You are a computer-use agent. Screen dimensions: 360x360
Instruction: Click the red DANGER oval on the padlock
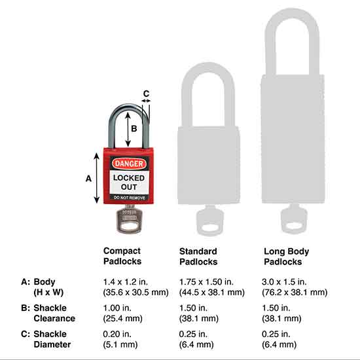click(129, 164)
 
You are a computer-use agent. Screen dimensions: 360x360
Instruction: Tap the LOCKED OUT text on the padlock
click(129, 183)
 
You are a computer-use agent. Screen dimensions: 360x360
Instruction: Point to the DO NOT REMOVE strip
click(129, 198)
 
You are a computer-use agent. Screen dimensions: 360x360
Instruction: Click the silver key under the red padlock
click(129, 219)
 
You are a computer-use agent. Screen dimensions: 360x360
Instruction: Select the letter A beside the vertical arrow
click(88, 179)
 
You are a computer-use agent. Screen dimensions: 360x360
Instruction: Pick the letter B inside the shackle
click(134, 128)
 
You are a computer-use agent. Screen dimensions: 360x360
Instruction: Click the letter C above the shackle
click(146, 94)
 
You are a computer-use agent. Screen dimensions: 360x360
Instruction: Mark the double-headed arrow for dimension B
click(128, 129)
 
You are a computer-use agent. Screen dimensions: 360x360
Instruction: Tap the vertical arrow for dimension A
click(97, 178)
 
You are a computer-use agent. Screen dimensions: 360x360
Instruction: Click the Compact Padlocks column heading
click(122, 256)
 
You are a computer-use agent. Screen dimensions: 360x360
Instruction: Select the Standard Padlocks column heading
click(198, 257)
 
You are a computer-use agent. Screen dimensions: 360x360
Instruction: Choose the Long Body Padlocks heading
click(286, 257)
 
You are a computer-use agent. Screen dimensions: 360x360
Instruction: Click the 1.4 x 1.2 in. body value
click(126, 281)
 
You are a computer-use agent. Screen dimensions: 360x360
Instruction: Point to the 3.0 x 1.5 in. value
click(284, 281)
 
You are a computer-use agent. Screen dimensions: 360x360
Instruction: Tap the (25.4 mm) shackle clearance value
click(123, 319)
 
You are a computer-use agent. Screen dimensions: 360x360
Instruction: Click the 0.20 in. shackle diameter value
click(117, 334)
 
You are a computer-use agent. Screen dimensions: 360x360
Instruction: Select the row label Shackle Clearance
click(54, 313)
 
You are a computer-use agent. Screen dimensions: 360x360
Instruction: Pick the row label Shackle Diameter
click(52, 339)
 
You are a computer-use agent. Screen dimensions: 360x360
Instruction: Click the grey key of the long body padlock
click(294, 219)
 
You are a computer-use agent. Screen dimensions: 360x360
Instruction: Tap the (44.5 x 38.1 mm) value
click(212, 293)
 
